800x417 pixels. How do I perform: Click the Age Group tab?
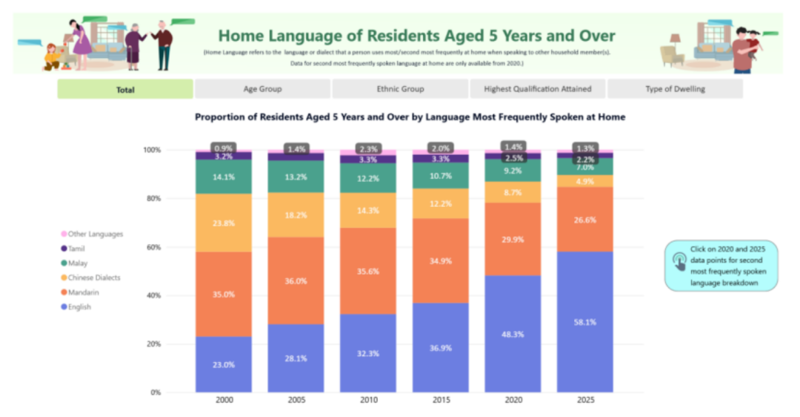[262, 89]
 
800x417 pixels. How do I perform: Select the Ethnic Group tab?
[400, 89]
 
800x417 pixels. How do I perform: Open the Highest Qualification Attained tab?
[538, 89]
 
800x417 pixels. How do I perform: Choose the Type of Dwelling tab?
[675, 89]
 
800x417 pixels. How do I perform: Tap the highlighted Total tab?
[125, 89]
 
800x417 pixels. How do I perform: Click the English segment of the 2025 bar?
[584, 322]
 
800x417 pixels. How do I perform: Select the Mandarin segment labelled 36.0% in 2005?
[296, 280]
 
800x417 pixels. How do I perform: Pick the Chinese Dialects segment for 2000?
[224, 223]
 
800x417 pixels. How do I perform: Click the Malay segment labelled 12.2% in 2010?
[368, 178]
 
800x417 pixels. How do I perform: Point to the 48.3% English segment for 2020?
[513, 334]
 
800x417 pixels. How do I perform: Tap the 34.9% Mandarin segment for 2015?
[440, 261]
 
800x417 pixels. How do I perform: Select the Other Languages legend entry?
[93, 234]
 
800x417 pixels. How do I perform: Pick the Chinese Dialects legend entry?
[91, 278]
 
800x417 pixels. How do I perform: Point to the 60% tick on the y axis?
[152, 247]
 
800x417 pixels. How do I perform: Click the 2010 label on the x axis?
[368, 400]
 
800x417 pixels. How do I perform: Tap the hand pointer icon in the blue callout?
[679, 261]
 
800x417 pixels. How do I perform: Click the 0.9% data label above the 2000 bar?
[224, 148]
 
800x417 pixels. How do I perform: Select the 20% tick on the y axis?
[152, 344]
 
